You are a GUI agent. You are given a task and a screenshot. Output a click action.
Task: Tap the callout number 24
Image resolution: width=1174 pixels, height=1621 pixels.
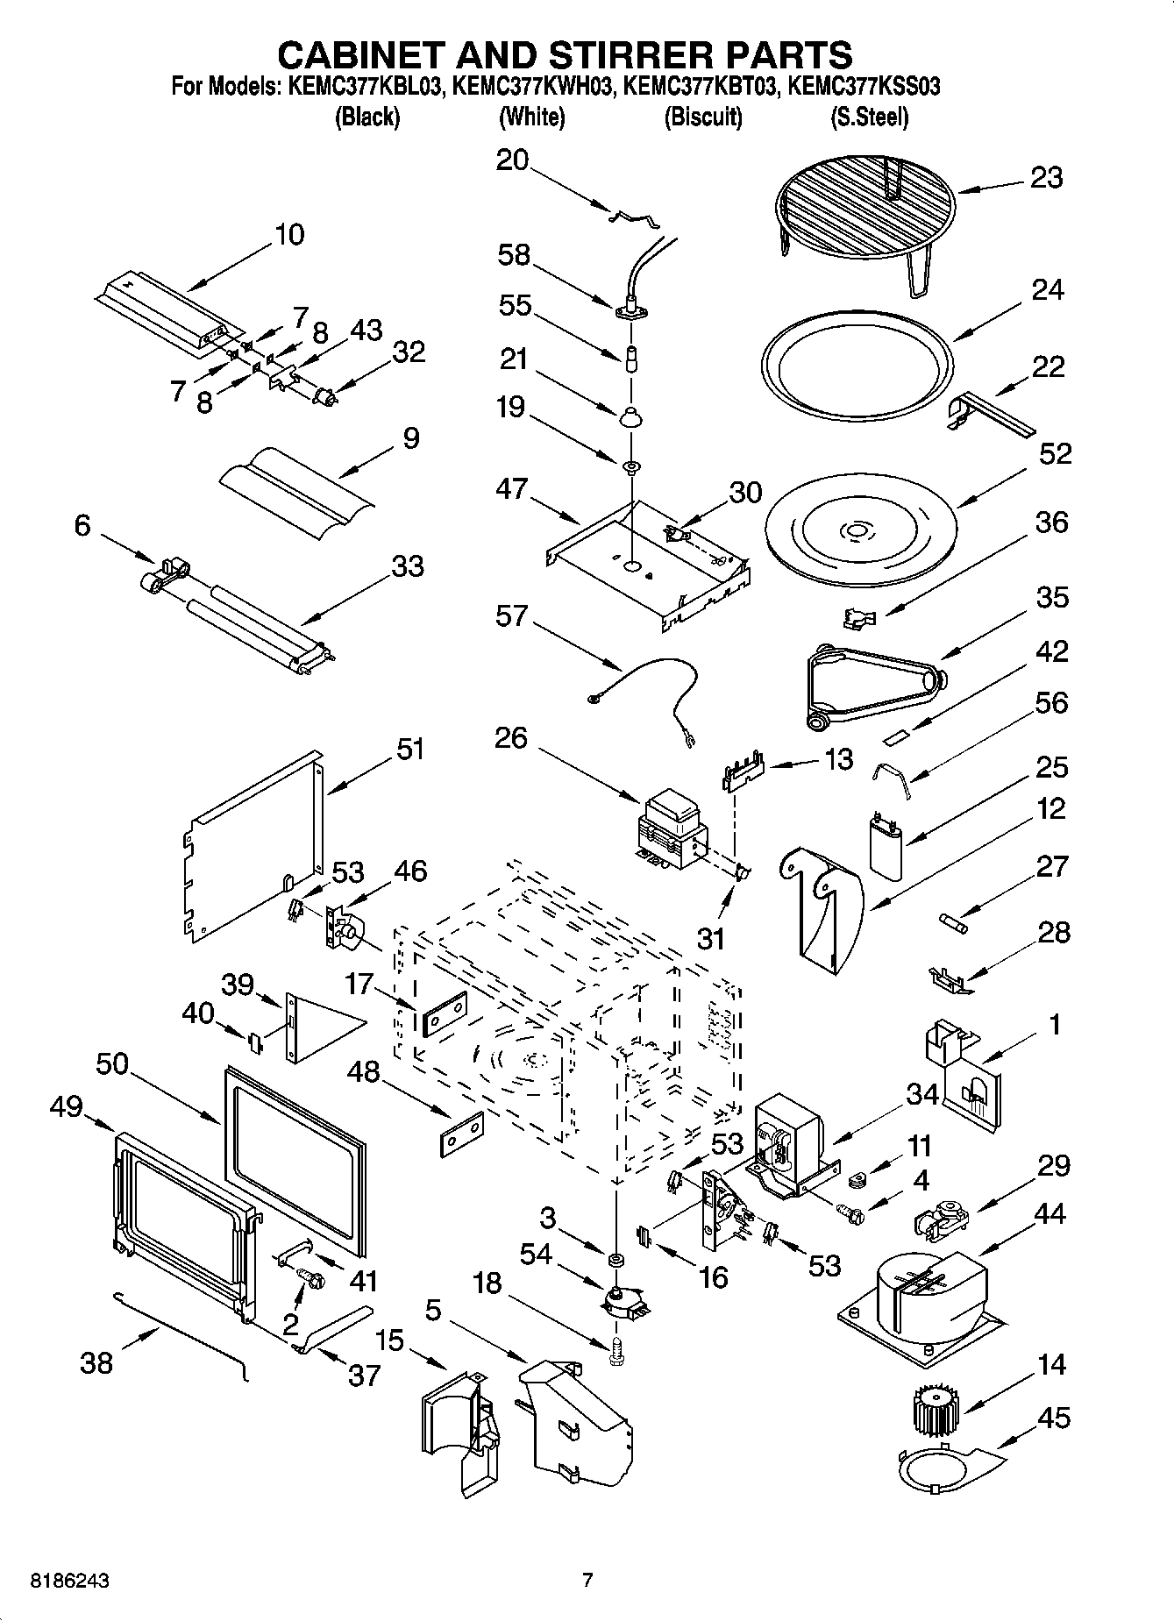(1047, 290)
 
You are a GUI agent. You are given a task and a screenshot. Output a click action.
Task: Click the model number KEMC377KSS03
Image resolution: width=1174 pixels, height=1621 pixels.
(864, 87)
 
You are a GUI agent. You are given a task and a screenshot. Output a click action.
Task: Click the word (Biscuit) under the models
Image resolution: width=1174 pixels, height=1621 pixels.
(703, 117)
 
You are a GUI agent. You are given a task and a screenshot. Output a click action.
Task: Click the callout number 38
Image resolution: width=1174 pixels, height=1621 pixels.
(96, 1362)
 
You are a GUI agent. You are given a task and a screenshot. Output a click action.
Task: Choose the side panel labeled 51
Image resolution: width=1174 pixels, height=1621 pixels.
(254, 846)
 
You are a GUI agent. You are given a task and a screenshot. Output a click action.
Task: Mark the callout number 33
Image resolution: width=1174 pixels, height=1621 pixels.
(407, 566)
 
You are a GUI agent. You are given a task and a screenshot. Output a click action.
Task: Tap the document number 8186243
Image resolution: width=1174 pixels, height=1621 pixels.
(70, 1581)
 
